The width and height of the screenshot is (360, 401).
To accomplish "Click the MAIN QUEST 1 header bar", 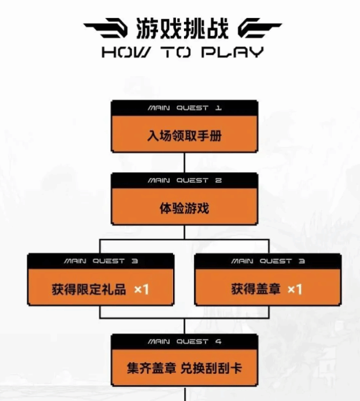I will [x=184, y=108].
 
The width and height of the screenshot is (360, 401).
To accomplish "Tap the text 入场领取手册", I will [x=184, y=137].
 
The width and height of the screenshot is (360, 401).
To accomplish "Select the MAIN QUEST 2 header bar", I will [x=184, y=180].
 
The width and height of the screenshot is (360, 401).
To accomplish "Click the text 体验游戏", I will [x=184, y=208].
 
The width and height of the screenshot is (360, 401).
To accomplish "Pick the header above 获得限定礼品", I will [x=101, y=261].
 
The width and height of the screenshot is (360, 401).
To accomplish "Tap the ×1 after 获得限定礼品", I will [x=141, y=289].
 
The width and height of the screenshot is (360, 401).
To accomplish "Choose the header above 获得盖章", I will [x=268, y=261].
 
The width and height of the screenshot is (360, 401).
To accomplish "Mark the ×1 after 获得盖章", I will [x=294, y=289].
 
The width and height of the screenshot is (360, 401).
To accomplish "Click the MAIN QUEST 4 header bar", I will [x=184, y=342].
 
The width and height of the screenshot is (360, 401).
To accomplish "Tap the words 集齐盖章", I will [x=151, y=368].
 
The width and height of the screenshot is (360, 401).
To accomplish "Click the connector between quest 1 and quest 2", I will [x=184, y=162].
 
